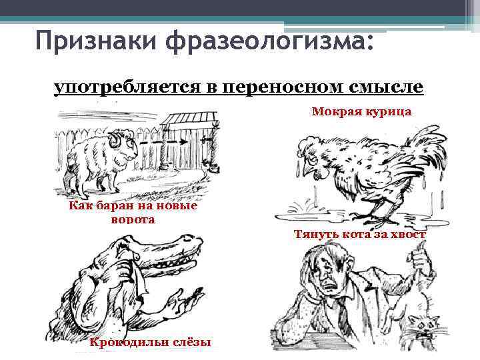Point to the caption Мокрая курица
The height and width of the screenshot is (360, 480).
click(361, 112)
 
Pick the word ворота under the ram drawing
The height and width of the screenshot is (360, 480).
click(131, 219)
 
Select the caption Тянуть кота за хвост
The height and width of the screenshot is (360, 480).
click(359, 234)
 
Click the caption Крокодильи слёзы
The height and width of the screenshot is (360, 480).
click(150, 342)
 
